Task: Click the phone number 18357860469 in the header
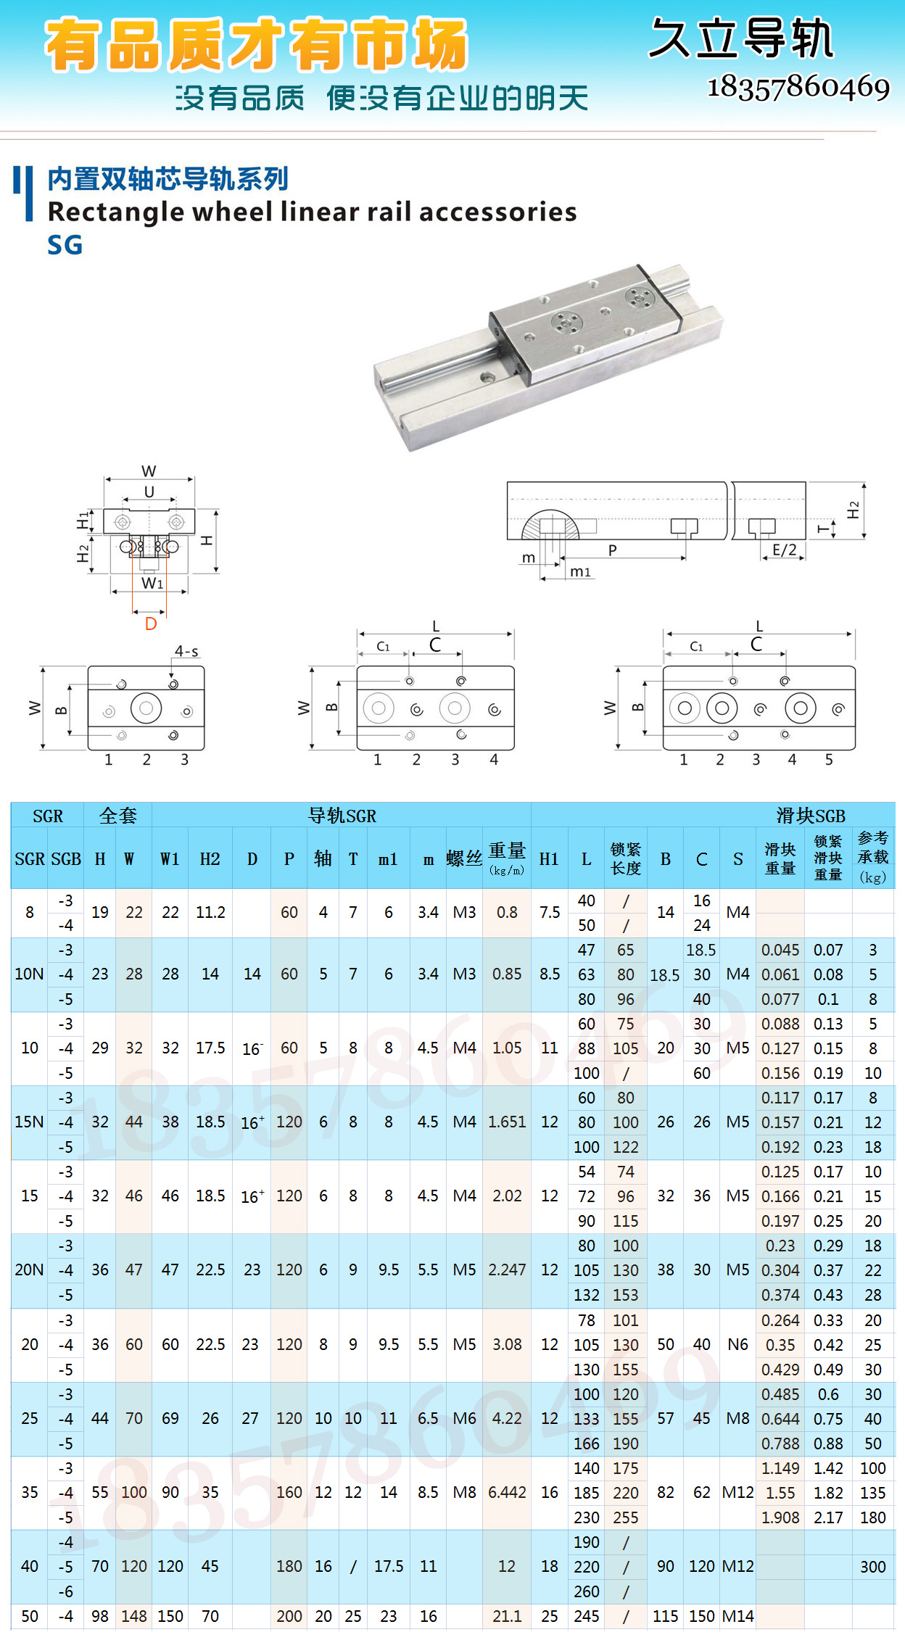tap(798, 87)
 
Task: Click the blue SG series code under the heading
tap(65, 245)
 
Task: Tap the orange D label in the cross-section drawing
tap(151, 624)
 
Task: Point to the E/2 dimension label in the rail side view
tap(784, 550)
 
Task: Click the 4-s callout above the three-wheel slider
tap(186, 651)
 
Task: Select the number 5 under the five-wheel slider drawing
tap(829, 759)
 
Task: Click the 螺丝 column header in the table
tap(464, 859)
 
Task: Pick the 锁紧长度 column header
tap(625, 859)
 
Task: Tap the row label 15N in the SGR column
tap(29, 1122)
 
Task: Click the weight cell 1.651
tap(507, 1122)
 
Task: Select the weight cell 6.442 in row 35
tap(507, 1492)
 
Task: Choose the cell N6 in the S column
tap(737, 1344)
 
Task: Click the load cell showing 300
tap(872, 1567)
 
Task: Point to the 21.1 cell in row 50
tap(507, 1616)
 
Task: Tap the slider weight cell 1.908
tap(780, 1517)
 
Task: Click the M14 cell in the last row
tap(737, 1616)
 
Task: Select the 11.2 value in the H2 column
tap(210, 912)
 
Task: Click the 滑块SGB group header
tap(810, 816)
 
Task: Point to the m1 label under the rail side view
tap(580, 572)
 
